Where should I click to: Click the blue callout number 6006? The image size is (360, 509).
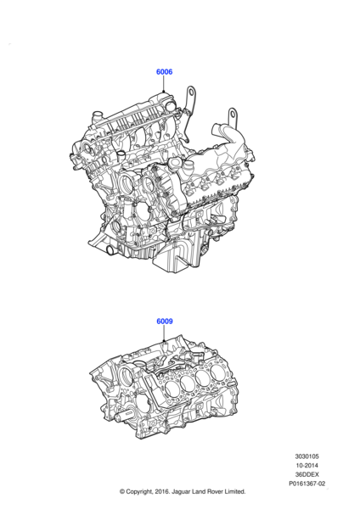click(x=164, y=72)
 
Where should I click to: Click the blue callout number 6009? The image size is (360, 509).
click(x=164, y=322)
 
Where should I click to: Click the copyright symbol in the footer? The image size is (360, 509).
click(x=124, y=492)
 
